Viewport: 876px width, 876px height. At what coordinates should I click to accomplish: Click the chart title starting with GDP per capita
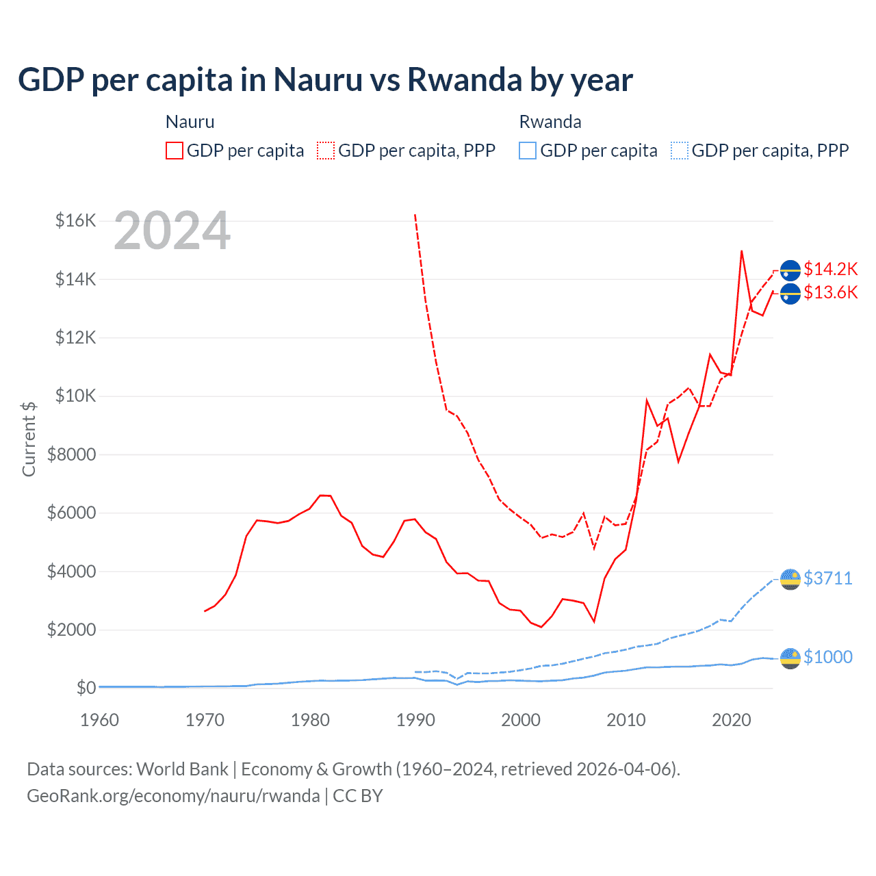[325, 80]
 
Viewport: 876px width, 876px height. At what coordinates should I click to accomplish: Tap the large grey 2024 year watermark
[172, 231]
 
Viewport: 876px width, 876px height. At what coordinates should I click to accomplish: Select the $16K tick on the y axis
[75, 220]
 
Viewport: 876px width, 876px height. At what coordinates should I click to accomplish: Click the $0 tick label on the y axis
[86, 687]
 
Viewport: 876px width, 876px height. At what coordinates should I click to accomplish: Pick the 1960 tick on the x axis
[99, 720]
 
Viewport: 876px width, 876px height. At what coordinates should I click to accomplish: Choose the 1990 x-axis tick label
[415, 720]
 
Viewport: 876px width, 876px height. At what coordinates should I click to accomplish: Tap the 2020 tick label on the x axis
[731, 720]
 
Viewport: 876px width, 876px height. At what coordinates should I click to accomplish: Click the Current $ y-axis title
[29, 439]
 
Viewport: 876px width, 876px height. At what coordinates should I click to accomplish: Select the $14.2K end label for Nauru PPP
[830, 269]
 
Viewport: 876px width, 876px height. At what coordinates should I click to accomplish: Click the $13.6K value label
[830, 293]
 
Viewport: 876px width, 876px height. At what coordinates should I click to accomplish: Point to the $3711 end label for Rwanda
[827, 578]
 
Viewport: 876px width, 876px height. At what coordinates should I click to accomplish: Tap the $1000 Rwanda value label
[827, 657]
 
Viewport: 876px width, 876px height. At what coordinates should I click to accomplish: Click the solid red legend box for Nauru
[175, 151]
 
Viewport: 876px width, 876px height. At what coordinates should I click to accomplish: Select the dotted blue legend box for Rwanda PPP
[680, 151]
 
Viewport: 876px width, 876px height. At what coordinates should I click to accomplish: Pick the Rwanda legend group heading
[550, 122]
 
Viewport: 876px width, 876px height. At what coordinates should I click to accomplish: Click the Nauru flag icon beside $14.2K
[790, 270]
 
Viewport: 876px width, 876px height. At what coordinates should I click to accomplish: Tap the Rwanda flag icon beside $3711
[790, 579]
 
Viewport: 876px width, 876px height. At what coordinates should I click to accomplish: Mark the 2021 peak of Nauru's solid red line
[742, 251]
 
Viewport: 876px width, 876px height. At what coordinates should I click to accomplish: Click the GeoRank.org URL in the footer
[173, 796]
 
